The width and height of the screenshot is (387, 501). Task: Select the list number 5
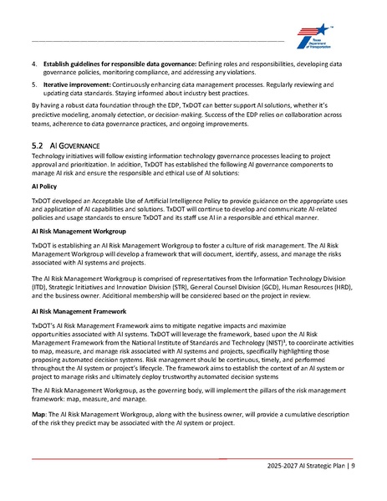pyautogui.click(x=34, y=84)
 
